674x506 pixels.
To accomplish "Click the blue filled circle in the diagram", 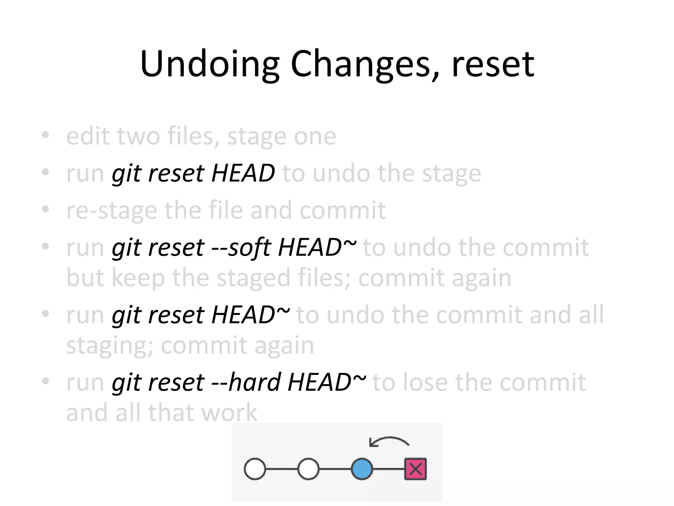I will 362,468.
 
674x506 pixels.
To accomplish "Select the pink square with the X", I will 415,468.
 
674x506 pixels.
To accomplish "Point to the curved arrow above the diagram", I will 389,441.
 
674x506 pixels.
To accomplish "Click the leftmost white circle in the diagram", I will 255,468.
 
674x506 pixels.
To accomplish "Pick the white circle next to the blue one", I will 308,468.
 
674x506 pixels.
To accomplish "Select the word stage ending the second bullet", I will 451,174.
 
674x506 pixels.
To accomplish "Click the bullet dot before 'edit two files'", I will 45,135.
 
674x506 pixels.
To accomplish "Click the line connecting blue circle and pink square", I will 388,469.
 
